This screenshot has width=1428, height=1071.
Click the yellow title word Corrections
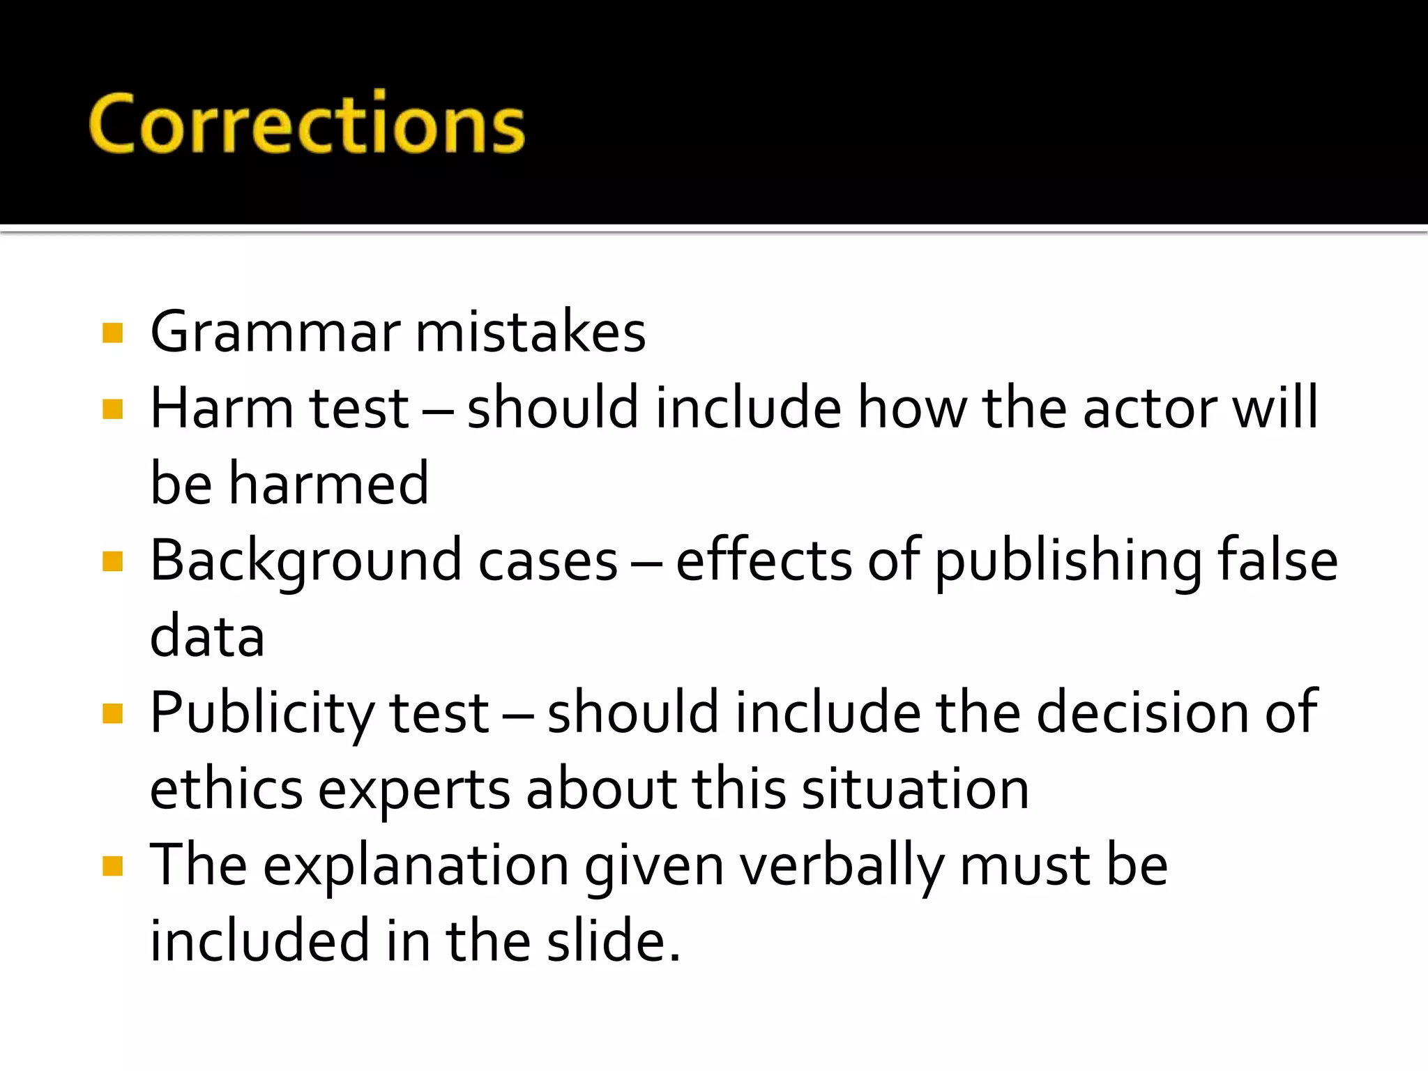click(x=307, y=124)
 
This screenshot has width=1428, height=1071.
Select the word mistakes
click(x=531, y=332)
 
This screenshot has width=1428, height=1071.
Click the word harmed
click(x=328, y=484)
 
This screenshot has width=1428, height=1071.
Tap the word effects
click(x=764, y=560)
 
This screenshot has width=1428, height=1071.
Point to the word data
click(x=207, y=637)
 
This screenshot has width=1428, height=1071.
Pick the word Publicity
click(x=262, y=713)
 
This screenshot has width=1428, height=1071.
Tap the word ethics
click(x=227, y=789)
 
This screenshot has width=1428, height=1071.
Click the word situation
click(x=916, y=789)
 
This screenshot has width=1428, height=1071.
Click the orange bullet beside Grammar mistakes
click(x=112, y=333)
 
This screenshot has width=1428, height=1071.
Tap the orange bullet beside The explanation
click(x=112, y=866)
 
